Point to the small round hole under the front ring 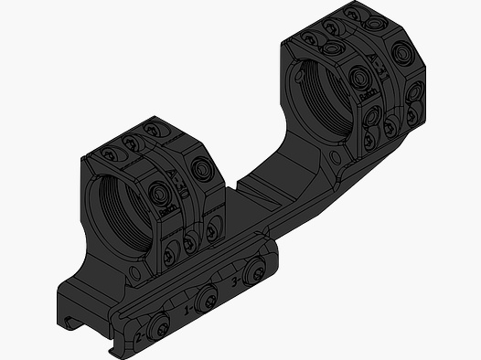pos(137,273)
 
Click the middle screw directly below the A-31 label pos(378,116)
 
